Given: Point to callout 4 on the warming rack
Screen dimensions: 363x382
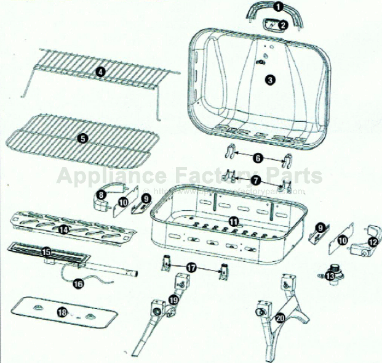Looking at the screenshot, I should pos(100,71).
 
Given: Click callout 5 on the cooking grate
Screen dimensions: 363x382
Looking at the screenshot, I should pos(82,139).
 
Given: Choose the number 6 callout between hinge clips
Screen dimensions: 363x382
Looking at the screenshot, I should pos(258,158).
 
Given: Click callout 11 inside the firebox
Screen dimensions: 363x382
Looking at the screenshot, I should pos(233,221).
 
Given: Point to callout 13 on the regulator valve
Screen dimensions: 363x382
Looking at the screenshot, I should pos(331,276).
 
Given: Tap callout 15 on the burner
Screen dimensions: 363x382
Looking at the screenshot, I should pos(46,251).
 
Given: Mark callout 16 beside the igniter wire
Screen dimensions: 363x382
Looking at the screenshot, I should pos(78,284).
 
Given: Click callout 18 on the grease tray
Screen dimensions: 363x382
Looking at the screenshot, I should pos(62,312).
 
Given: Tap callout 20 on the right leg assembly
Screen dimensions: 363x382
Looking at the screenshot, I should pos(280,318).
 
